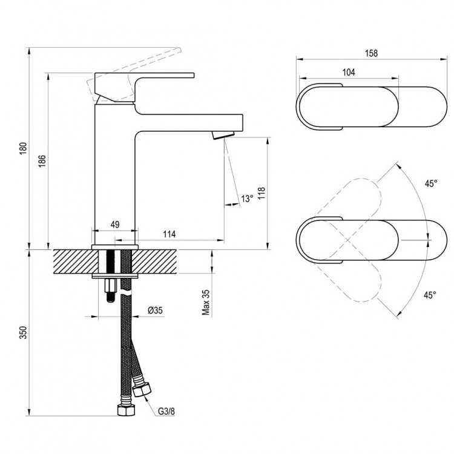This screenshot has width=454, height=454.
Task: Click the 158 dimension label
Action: click(372, 53)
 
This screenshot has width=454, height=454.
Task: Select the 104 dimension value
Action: click(348, 73)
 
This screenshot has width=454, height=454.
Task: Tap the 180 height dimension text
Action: click(23, 148)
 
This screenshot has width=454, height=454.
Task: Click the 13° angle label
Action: click(246, 199)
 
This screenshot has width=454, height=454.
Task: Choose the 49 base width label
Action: click(114, 225)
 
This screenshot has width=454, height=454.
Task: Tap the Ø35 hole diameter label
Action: click(156, 311)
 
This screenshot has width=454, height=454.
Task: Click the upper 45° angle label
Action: click(430, 183)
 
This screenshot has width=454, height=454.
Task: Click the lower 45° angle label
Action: click(429, 295)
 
